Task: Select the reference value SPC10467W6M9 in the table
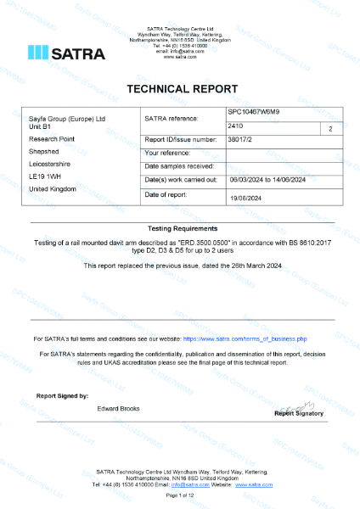[254, 112]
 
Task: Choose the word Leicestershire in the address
[52, 163]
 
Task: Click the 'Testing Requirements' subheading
[179, 229]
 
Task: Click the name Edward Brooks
[119, 409]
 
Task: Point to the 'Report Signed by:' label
[62, 396]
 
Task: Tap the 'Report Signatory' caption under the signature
[298, 414]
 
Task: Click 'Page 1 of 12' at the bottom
[179, 494]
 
